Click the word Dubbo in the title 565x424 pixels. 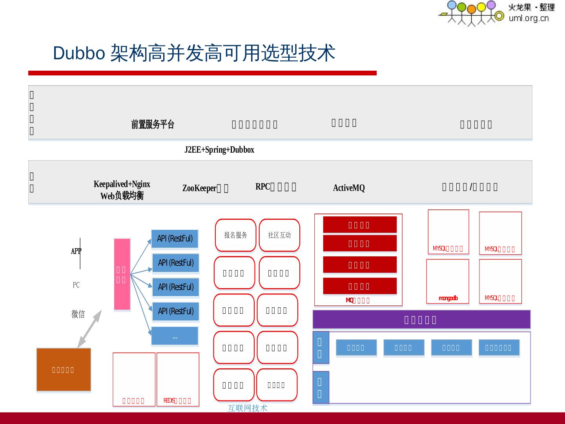click(x=78, y=53)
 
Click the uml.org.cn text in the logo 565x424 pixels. click(x=529, y=18)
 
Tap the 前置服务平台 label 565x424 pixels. click(x=153, y=124)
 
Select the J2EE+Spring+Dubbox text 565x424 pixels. click(x=219, y=150)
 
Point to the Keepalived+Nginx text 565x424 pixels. click(x=122, y=184)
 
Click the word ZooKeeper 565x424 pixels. click(x=199, y=188)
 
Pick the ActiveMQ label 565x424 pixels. click(x=349, y=188)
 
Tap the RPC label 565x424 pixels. click(x=262, y=187)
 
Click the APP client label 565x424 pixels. click(x=76, y=251)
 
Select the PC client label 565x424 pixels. click(x=76, y=285)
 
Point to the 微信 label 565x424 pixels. click(x=78, y=314)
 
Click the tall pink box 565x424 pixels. click(x=122, y=274)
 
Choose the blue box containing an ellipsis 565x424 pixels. click(x=175, y=336)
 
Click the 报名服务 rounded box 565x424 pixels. click(x=235, y=235)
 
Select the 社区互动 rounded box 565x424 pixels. click(x=279, y=235)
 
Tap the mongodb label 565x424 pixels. click(x=448, y=298)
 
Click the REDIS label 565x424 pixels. click(x=169, y=400)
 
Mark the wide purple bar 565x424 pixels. click(x=421, y=320)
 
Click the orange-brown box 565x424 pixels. click(x=64, y=369)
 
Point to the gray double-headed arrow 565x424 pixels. click(x=89, y=329)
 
